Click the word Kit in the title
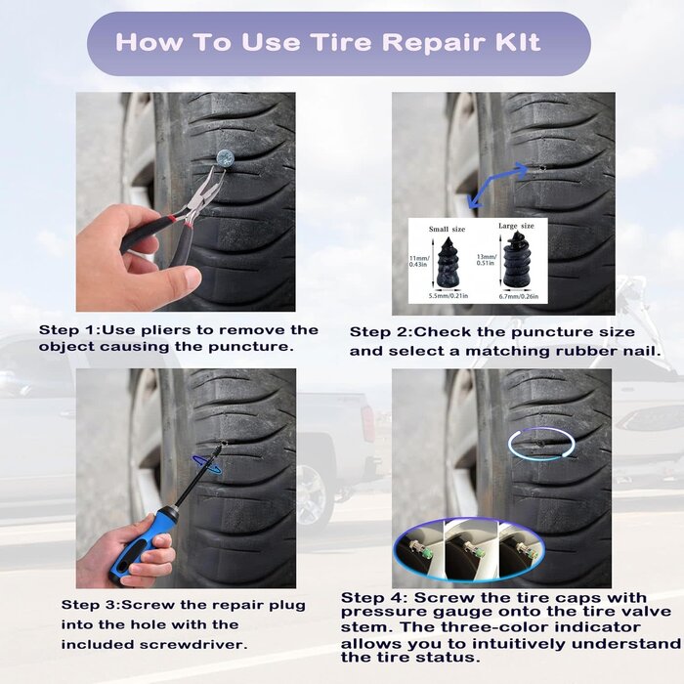511,43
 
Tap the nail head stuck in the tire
224,155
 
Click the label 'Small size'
447,229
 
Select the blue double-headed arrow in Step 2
500,187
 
